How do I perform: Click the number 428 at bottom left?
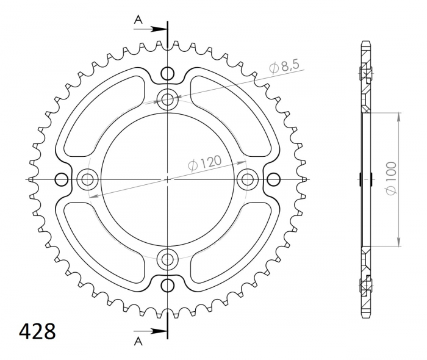(x=37, y=331)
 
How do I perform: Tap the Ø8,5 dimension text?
(x=284, y=67)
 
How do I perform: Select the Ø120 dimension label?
(x=205, y=163)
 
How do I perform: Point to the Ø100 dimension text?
(x=391, y=178)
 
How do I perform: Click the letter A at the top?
(x=138, y=20)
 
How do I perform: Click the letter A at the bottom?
(x=138, y=341)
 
